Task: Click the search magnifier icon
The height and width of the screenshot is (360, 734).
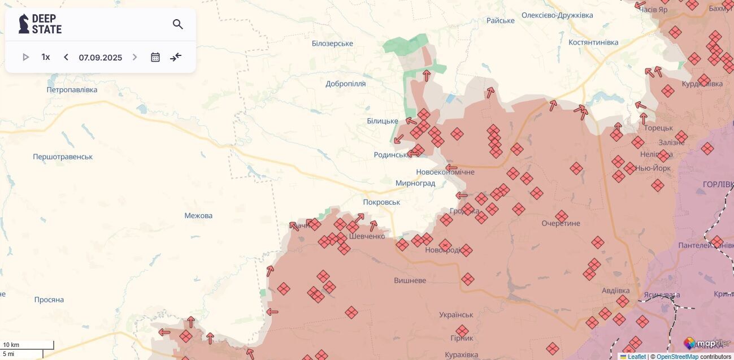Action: pyautogui.click(x=178, y=24)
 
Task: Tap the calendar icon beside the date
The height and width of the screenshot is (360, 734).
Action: pyautogui.click(x=155, y=57)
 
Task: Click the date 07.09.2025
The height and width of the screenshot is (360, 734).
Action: pyautogui.click(x=101, y=58)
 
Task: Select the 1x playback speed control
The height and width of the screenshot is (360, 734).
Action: pyautogui.click(x=46, y=57)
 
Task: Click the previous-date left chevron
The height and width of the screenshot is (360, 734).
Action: pyautogui.click(x=66, y=57)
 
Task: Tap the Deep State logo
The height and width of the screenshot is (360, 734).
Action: pyautogui.click(x=40, y=24)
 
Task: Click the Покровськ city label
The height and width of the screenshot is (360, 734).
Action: pyautogui.click(x=381, y=202)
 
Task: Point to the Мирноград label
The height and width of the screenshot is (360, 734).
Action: pyautogui.click(x=415, y=183)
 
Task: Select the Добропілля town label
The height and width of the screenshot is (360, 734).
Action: pyautogui.click(x=346, y=84)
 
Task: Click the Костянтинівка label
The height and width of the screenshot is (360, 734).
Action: pyautogui.click(x=593, y=42)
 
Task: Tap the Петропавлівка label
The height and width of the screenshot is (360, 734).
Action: pyautogui.click(x=72, y=90)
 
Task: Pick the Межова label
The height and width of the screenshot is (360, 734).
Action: pyautogui.click(x=198, y=215)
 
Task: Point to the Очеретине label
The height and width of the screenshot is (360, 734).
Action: pyautogui.click(x=561, y=223)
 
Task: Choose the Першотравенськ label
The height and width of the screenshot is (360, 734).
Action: pyautogui.click(x=63, y=157)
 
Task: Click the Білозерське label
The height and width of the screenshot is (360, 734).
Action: pyautogui.click(x=332, y=44)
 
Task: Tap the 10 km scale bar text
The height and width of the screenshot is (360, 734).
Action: pyautogui.click(x=11, y=345)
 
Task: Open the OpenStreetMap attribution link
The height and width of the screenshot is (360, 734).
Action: pyautogui.click(x=677, y=357)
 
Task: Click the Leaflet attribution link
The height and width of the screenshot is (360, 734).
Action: pyautogui.click(x=636, y=357)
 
